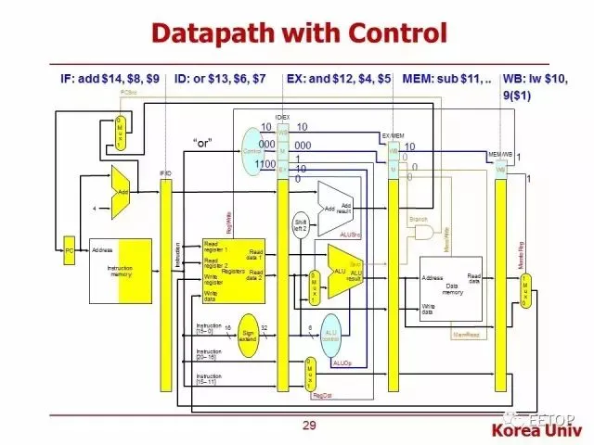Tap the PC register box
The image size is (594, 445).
pos(69,249)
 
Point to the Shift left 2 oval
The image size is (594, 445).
pos(301,226)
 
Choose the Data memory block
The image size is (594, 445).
pos(451,285)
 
